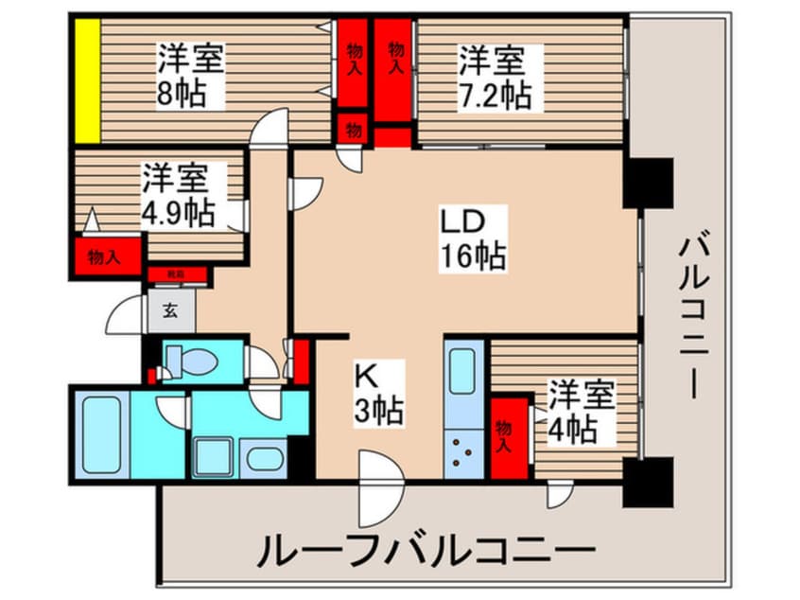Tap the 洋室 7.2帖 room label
click(494, 78)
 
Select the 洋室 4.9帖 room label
click(180, 193)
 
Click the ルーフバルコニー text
click(426, 550)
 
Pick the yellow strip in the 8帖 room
click(88, 80)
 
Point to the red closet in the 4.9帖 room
click(105, 256)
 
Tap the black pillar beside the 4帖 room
click(648, 480)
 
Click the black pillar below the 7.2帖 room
click(648, 183)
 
